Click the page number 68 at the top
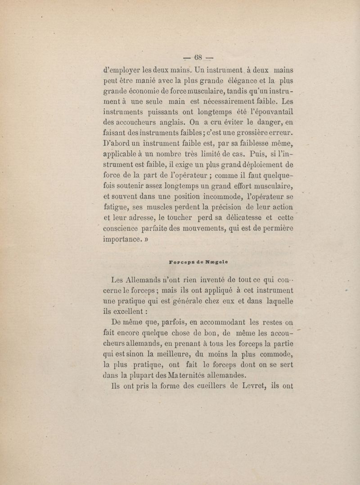click(x=198, y=58)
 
